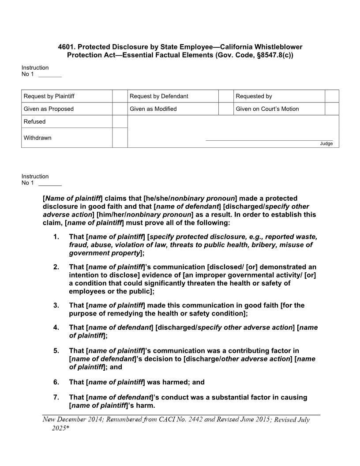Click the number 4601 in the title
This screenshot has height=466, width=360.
click(66, 47)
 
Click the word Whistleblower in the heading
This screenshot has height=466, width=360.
click(281, 47)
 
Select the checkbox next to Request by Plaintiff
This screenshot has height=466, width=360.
click(120, 96)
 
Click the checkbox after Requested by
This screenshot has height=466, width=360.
click(331, 96)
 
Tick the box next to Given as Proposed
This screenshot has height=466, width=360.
click(120, 109)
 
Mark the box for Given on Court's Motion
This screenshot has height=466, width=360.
click(331, 109)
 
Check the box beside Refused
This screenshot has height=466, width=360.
click(120, 122)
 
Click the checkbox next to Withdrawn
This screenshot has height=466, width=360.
click(120, 138)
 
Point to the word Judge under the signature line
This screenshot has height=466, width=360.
click(326, 144)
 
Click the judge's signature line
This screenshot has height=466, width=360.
click(269, 140)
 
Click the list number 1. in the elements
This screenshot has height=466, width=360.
click(56, 237)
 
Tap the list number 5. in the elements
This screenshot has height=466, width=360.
click(56, 351)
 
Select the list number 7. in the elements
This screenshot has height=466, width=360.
click(56, 397)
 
